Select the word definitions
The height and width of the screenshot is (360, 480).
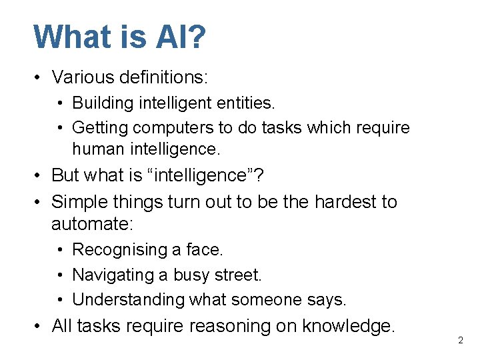pyautogui.click(x=164, y=77)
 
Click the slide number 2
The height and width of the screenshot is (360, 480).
pyautogui.click(x=460, y=341)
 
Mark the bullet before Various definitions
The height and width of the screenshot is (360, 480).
pyautogui.click(x=39, y=78)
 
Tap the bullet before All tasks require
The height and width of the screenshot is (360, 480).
pyautogui.click(x=39, y=326)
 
